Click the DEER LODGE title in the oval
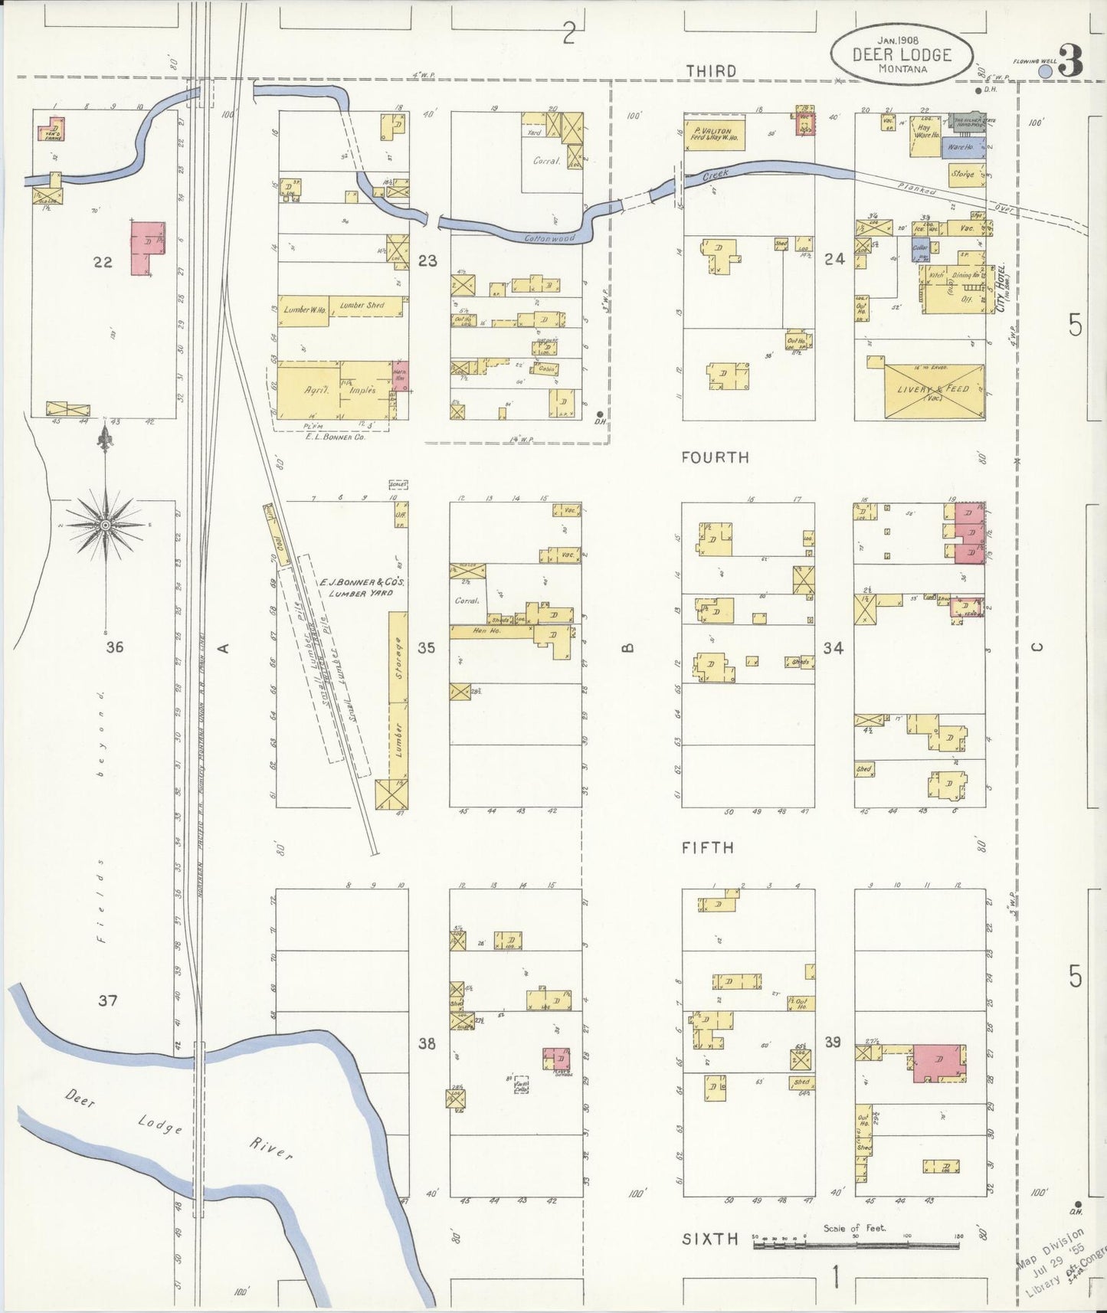click(902, 55)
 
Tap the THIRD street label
click(710, 71)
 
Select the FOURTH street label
click(716, 457)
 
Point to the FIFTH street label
click(708, 847)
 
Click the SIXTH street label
click(710, 1239)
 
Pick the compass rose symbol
click(106, 524)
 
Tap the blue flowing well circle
click(1045, 71)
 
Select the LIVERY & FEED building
click(934, 391)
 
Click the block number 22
click(103, 262)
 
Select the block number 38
click(427, 1043)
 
